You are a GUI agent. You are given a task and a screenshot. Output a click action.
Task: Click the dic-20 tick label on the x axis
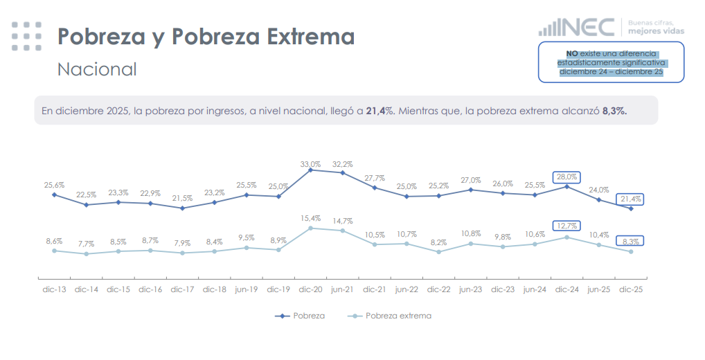(310, 289)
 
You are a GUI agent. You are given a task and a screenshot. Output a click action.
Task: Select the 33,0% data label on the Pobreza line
(310, 164)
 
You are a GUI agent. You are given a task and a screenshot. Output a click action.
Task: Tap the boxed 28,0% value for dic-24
(566, 177)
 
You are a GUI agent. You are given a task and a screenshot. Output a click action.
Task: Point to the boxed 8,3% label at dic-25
(631, 241)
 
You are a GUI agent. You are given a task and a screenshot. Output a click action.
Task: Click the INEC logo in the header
(577, 28)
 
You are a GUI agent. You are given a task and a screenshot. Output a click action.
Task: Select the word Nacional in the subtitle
(97, 69)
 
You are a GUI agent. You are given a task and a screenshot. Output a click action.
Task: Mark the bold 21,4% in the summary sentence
(380, 110)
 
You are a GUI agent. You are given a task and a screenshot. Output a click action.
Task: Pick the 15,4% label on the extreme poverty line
(310, 218)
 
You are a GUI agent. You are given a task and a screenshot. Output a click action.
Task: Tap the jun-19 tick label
(246, 289)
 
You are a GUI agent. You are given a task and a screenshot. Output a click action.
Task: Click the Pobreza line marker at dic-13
(54, 195)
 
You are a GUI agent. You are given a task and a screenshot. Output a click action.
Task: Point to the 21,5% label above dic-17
(182, 199)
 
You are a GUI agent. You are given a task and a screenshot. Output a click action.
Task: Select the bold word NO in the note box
(572, 53)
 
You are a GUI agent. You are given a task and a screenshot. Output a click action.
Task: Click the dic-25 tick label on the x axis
(631, 289)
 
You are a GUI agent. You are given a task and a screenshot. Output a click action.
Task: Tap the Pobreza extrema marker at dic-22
(438, 252)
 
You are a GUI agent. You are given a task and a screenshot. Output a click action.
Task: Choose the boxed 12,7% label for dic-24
(566, 226)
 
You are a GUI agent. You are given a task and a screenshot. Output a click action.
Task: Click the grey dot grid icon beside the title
(26, 36)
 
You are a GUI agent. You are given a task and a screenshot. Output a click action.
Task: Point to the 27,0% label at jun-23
(471, 179)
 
